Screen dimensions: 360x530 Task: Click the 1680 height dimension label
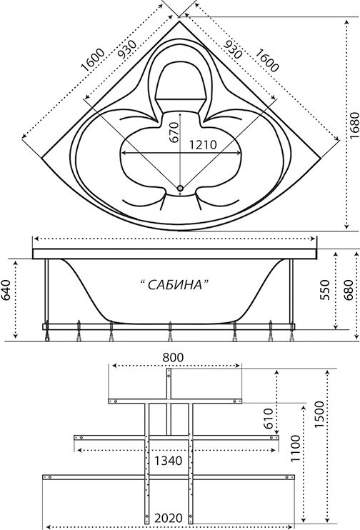[354, 125]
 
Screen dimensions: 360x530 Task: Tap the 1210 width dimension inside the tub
[202, 145]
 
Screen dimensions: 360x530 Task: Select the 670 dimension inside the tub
[174, 132]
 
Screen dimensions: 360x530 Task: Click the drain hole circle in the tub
[181, 189]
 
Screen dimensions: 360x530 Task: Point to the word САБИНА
[175, 285]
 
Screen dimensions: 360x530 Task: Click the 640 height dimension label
[6, 290]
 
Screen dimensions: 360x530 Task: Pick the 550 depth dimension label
[324, 290]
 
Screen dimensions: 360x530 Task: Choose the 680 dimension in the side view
[348, 290]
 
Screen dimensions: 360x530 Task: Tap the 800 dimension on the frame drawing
[173, 357]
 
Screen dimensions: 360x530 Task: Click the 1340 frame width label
[168, 461]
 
